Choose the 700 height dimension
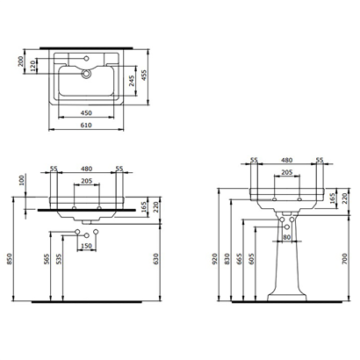[343, 260]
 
